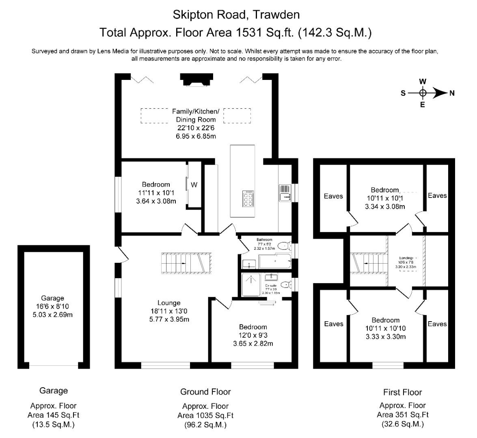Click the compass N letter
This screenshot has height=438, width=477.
coord(452,93)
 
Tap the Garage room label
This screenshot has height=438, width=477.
coord(52,298)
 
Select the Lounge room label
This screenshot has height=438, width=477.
coord(169,303)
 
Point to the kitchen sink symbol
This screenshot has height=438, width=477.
coord(285,193)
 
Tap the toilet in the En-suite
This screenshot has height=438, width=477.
coord(286,284)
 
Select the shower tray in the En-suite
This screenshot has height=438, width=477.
coord(251,286)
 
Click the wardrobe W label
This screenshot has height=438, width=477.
coord(194,185)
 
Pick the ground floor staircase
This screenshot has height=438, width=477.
coord(187,263)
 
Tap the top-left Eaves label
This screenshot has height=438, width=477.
coord(333,196)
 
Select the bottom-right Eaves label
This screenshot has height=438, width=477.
coord(437,324)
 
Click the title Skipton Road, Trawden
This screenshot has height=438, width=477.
coord(236,15)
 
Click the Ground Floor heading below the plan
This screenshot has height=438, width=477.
coord(205,392)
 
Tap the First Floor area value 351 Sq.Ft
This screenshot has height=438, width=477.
coord(402,414)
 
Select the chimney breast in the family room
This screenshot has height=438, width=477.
coord(196,79)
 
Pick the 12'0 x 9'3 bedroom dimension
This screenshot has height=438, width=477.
coord(253,335)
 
